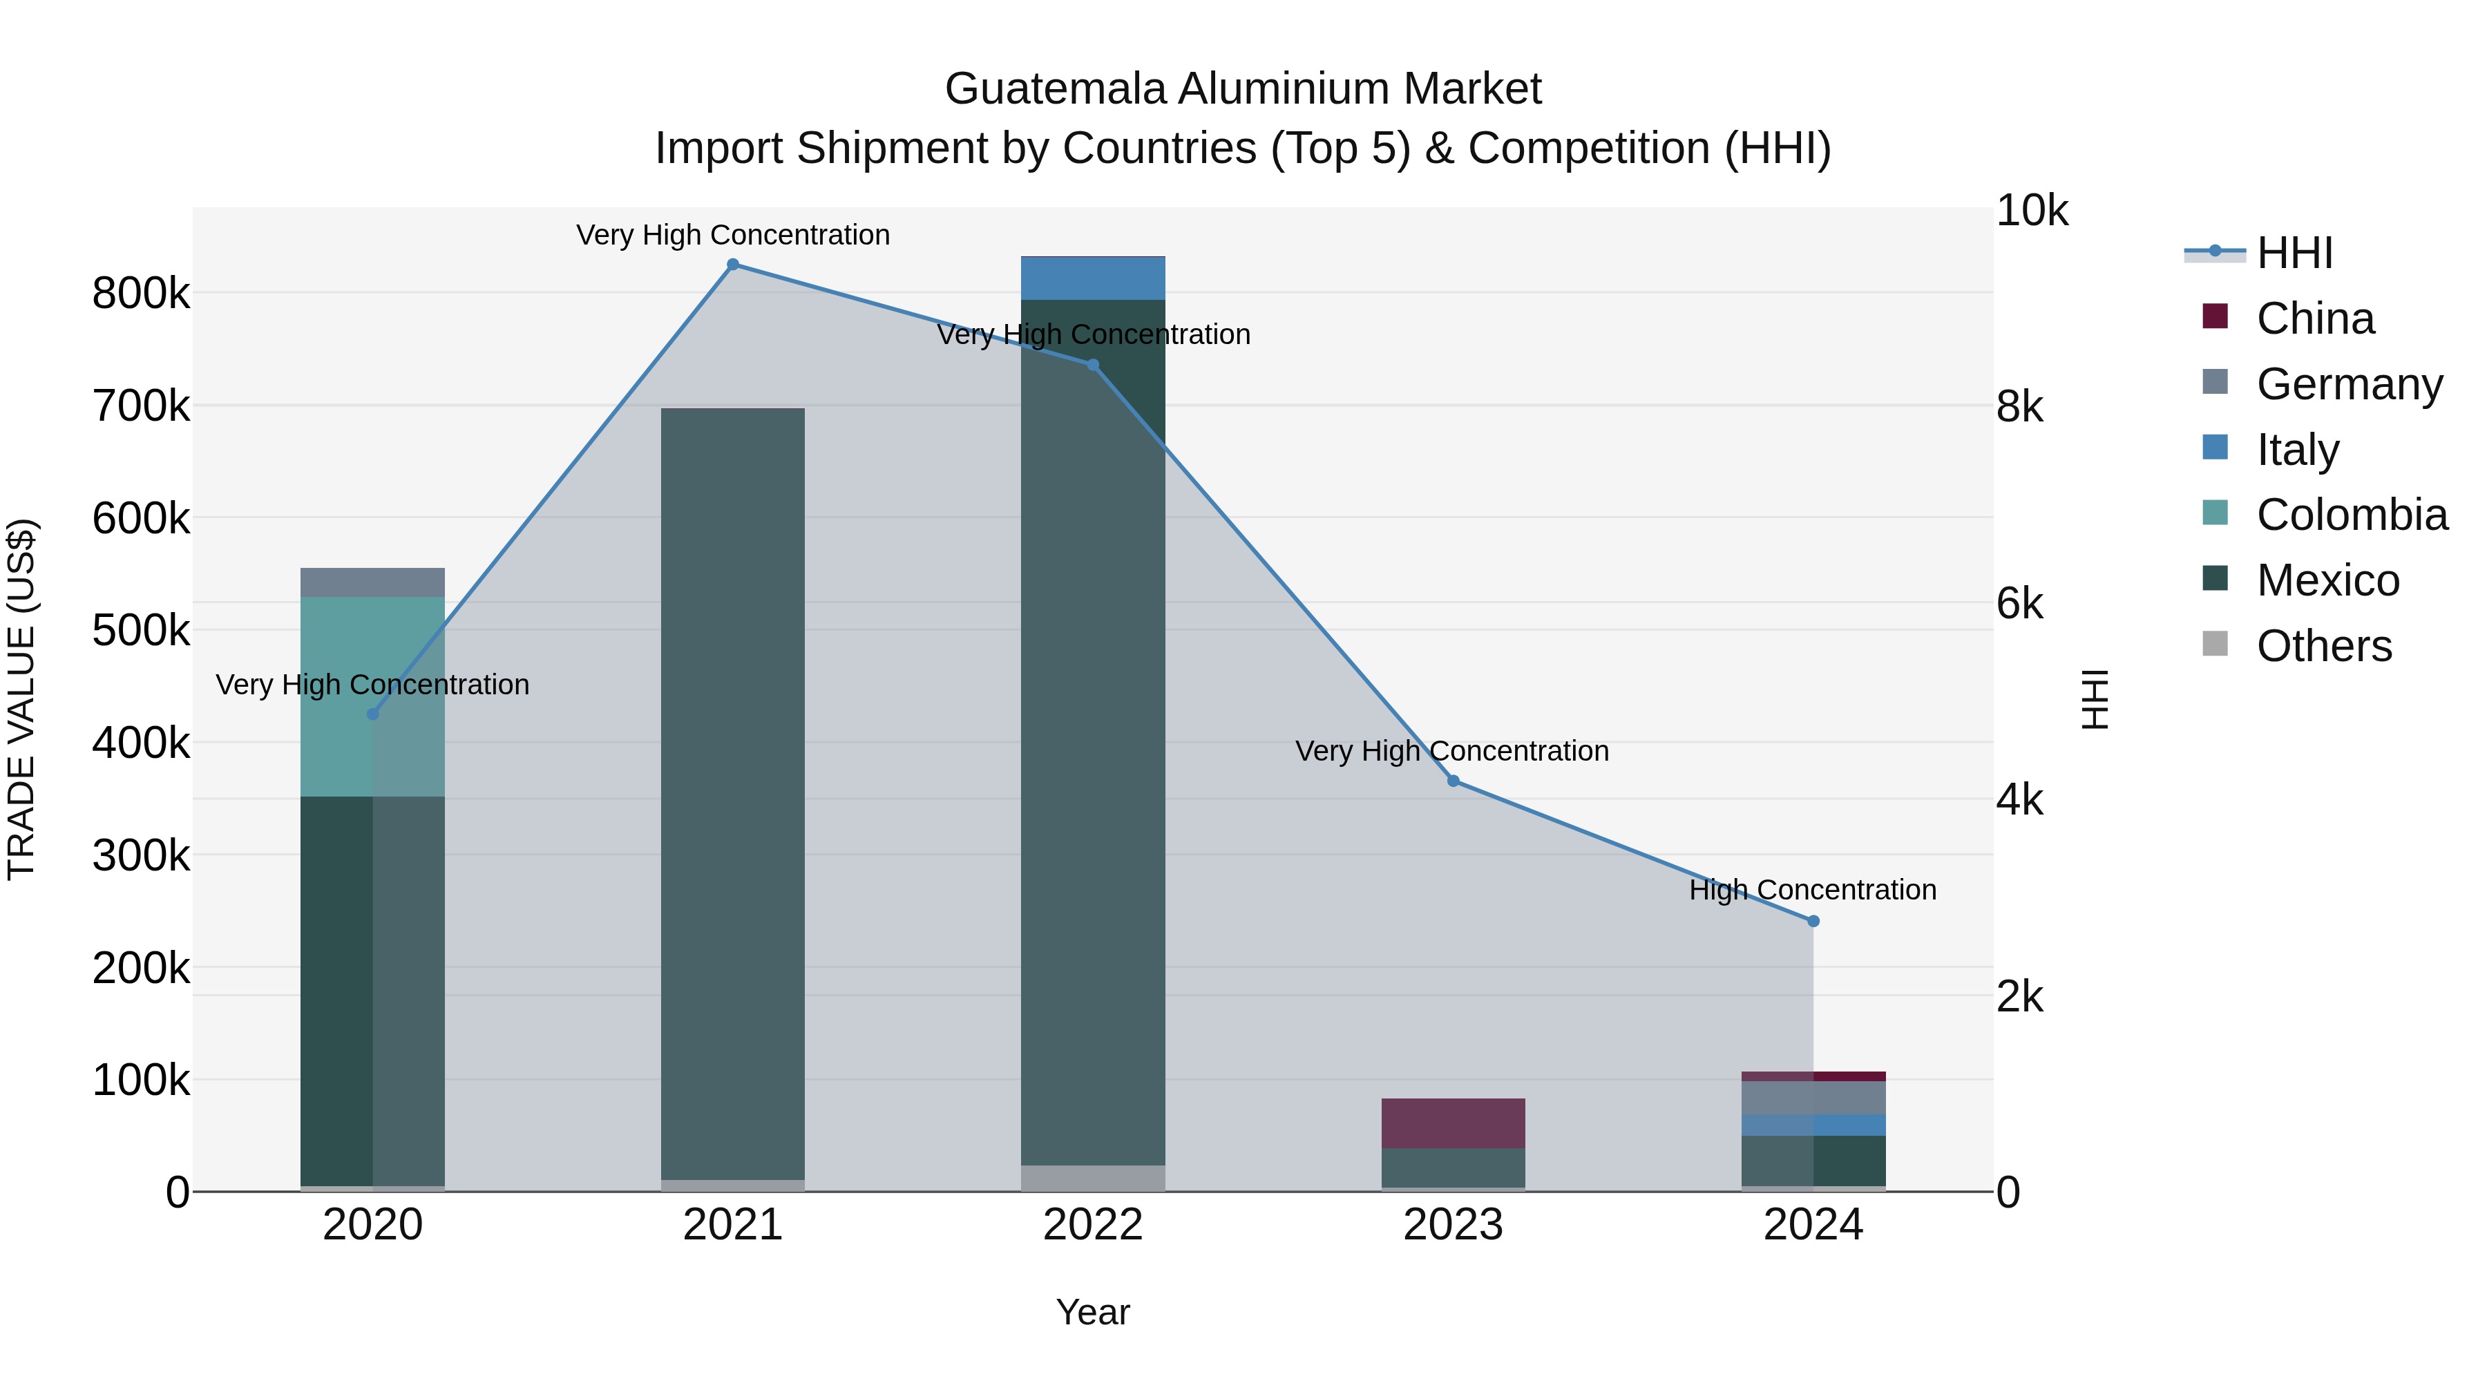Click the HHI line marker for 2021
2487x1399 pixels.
coord(733,265)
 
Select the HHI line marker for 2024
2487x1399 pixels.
coord(1813,921)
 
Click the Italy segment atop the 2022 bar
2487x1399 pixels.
coord(1093,278)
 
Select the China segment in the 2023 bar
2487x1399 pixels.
coord(1453,1123)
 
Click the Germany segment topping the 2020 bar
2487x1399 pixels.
coord(372,582)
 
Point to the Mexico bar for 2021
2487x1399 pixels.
coord(733,792)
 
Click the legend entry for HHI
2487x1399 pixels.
coord(2294,253)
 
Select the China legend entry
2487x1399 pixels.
coord(2315,318)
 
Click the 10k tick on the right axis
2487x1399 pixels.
coord(2031,211)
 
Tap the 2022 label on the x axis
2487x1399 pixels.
coord(1093,1225)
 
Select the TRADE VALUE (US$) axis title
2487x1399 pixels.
coord(21,699)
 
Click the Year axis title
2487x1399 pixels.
coord(1093,1312)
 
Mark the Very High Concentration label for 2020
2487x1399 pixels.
coord(372,685)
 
